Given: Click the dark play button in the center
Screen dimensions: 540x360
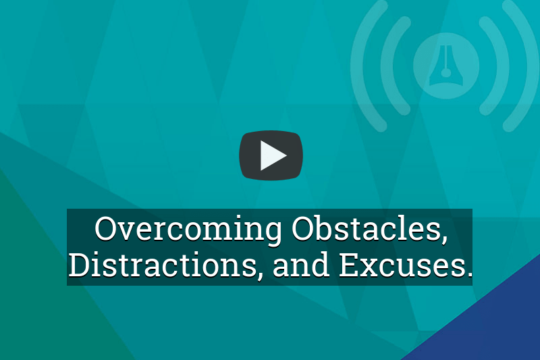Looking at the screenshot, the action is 271,155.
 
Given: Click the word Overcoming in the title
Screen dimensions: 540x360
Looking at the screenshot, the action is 188,230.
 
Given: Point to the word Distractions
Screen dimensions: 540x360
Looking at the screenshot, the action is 163,265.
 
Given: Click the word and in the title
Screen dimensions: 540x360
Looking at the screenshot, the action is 300,265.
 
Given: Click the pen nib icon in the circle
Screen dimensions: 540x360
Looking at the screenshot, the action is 446,66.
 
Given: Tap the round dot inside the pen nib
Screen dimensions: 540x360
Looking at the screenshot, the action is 446,73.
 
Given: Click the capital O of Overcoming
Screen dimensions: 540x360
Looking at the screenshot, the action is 105,228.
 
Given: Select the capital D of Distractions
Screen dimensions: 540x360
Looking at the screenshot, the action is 79,265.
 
